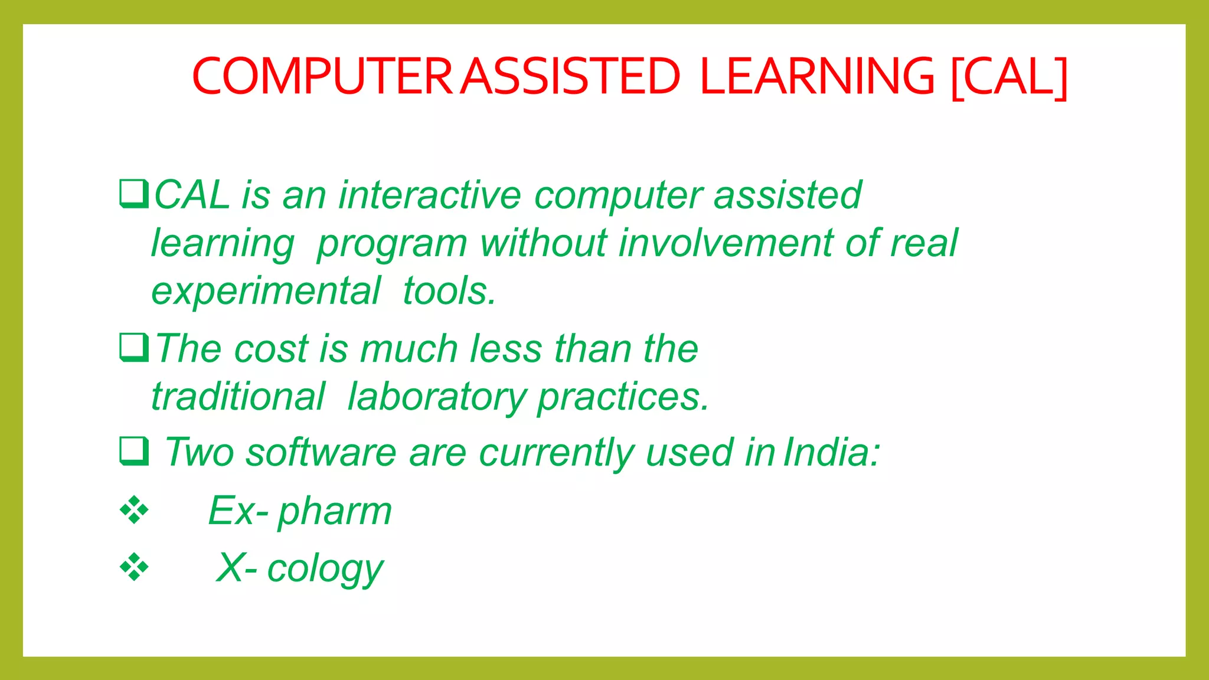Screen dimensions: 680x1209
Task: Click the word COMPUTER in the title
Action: pos(322,76)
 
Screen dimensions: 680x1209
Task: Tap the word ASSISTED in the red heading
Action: pos(570,76)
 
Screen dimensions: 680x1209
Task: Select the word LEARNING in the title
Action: pos(817,76)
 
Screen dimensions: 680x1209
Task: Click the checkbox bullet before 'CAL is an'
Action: pos(133,194)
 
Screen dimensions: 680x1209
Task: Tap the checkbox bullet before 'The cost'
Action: pos(133,348)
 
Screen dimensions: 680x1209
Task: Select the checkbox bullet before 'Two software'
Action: pos(133,452)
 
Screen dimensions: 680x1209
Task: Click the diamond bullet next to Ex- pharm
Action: pos(134,511)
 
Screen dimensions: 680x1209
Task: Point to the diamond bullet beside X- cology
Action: pos(134,568)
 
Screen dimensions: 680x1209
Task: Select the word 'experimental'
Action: pos(266,291)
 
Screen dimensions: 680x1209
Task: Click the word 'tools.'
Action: pos(449,291)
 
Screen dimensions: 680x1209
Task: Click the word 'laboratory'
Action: pos(436,397)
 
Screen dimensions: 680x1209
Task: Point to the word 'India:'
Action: pos(831,452)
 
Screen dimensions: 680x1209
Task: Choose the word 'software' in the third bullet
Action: pos(321,453)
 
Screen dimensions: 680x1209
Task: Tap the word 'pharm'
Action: pos(335,512)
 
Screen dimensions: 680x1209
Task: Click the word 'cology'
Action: pos(325,570)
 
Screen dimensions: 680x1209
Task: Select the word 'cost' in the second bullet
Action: pos(271,348)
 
